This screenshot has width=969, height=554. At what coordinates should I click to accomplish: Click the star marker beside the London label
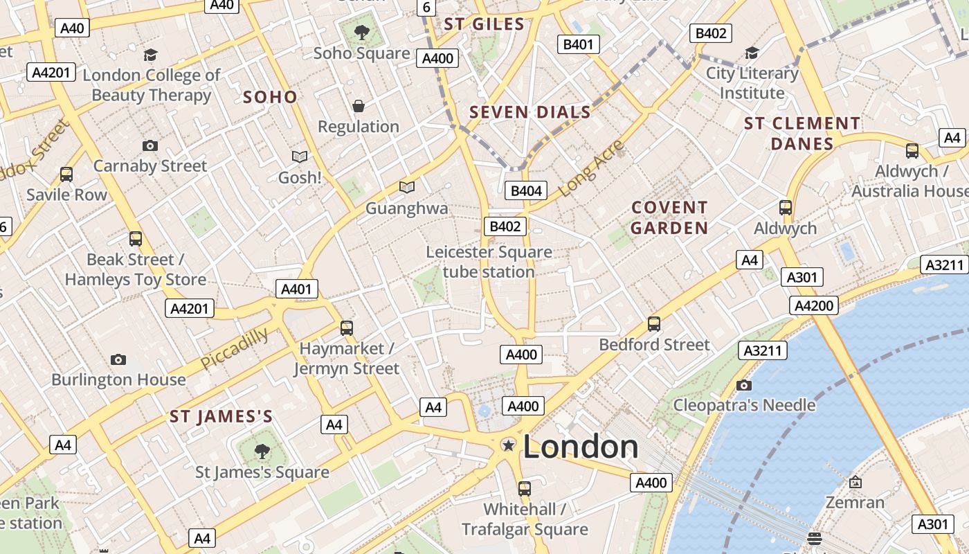pyautogui.click(x=509, y=445)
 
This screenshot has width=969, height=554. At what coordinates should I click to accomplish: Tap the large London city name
pyautogui.click(x=581, y=447)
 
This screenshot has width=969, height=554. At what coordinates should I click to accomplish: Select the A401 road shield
pyautogui.click(x=297, y=289)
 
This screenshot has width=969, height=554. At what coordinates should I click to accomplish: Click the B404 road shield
pyautogui.click(x=526, y=190)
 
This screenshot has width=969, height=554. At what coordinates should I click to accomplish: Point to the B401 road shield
pyautogui.click(x=579, y=44)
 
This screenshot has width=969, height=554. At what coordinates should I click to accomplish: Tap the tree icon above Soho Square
pyautogui.click(x=361, y=32)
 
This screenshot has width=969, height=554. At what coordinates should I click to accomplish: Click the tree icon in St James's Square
pyautogui.click(x=262, y=452)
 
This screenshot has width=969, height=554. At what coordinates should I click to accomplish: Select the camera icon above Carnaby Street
pyautogui.click(x=150, y=145)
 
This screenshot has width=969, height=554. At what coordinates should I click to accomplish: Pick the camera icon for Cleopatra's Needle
pyautogui.click(x=744, y=385)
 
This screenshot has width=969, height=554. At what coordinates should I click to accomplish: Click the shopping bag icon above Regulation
pyautogui.click(x=359, y=106)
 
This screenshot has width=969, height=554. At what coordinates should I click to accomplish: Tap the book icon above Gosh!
pyautogui.click(x=300, y=157)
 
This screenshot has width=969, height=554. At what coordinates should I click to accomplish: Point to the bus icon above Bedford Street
pyautogui.click(x=654, y=323)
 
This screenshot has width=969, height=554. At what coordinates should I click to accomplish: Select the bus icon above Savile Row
pyautogui.click(x=66, y=175)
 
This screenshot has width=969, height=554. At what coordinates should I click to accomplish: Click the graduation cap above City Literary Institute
pyautogui.click(x=752, y=53)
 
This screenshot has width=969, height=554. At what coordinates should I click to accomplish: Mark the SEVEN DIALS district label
pyautogui.click(x=530, y=112)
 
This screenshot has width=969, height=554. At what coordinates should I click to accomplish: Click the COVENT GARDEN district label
pyautogui.click(x=669, y=217)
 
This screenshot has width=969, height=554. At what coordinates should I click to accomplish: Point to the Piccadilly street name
pyautogui.click(x=235, y=348)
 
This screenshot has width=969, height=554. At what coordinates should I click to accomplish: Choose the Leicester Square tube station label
pyautogui.click(x=489, y=262)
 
